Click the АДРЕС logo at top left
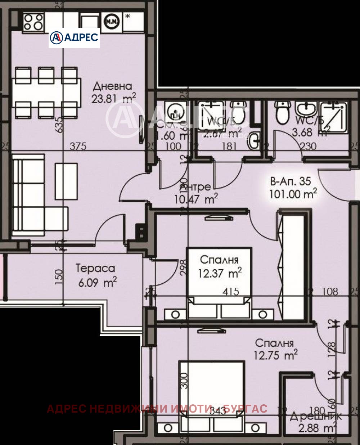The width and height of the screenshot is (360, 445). [74, 37]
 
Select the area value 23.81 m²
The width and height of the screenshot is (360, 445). [114, 98]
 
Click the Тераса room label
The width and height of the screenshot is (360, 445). [95, 268]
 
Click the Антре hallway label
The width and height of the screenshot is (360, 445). [195, 187]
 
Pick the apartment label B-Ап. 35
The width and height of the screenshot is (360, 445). [290, 181]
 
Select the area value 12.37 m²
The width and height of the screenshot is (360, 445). [220, 273]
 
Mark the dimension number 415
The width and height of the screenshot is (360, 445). [230, 291]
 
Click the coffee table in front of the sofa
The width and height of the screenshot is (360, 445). [66, 181]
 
